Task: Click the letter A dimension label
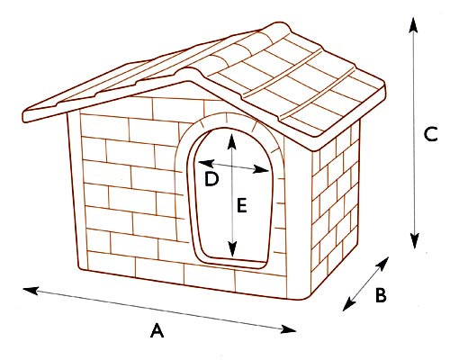[x=157, y=330]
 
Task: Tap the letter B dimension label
[x=381, y=295]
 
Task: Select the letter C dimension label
[x=431, y=134]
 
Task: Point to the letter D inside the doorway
[x=211, y=179]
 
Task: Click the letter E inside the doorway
[x=242, y=205]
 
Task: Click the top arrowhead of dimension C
[x=413, y=24]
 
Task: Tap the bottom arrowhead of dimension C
[x=415, y=241]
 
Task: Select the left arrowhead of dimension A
[x=31, y=291]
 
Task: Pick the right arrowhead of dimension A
[x=288, y=329]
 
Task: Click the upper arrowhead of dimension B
[x=382, y=263]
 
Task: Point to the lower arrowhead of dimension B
[x=348, y=305]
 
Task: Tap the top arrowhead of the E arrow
[x=231, y=141]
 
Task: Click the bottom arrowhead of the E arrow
[x=232, y=249]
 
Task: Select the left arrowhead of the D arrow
[x=206, y=163]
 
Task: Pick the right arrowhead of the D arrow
[x=260, y=169]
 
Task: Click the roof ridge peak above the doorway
[x=188, y=71]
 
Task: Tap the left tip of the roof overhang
[x=24, y=117]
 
